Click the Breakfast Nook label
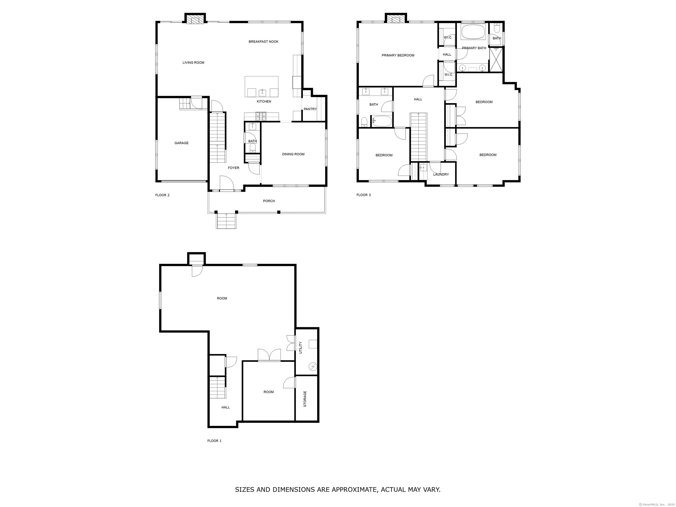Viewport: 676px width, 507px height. [x=263, y=42]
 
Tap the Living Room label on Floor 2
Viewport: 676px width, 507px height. [x=193, y=63]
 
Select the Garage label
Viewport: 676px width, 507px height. [x=181, y=143]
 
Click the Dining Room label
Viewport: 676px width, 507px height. [x=293, y=154]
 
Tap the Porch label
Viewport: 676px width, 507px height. [x=269, y=201]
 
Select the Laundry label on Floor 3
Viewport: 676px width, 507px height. [x=441, y=175]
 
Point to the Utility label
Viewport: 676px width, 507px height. [x=300, y=348]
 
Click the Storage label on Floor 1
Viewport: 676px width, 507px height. [x=305, y=399]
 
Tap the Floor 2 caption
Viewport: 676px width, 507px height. [x=162, y=195]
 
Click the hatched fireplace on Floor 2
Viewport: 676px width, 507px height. [x=195, y=20]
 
